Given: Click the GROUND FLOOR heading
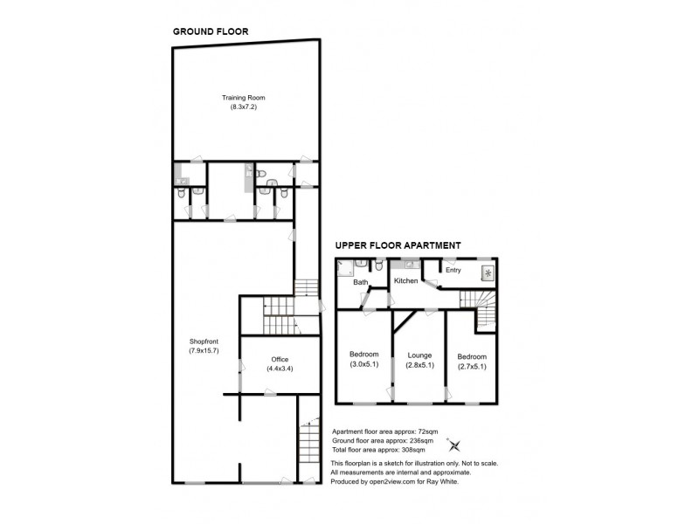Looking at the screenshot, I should click(211, 31).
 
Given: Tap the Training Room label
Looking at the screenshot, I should click(243, 97).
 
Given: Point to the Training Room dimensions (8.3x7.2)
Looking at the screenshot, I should click(243, 107).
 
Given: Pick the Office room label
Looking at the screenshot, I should click(280, 359).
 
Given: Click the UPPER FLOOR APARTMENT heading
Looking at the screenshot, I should click(398, 246).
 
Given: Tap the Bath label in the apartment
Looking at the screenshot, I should click(360, 283).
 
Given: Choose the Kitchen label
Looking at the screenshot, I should click(405, 281).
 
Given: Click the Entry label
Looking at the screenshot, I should click(453, 270).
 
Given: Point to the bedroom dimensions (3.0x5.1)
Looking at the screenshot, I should click(363, 364).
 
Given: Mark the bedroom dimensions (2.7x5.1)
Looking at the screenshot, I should click(472, 366).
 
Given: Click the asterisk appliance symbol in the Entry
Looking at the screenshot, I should click(487, 272).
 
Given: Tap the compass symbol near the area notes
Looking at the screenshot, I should click(453, 443).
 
